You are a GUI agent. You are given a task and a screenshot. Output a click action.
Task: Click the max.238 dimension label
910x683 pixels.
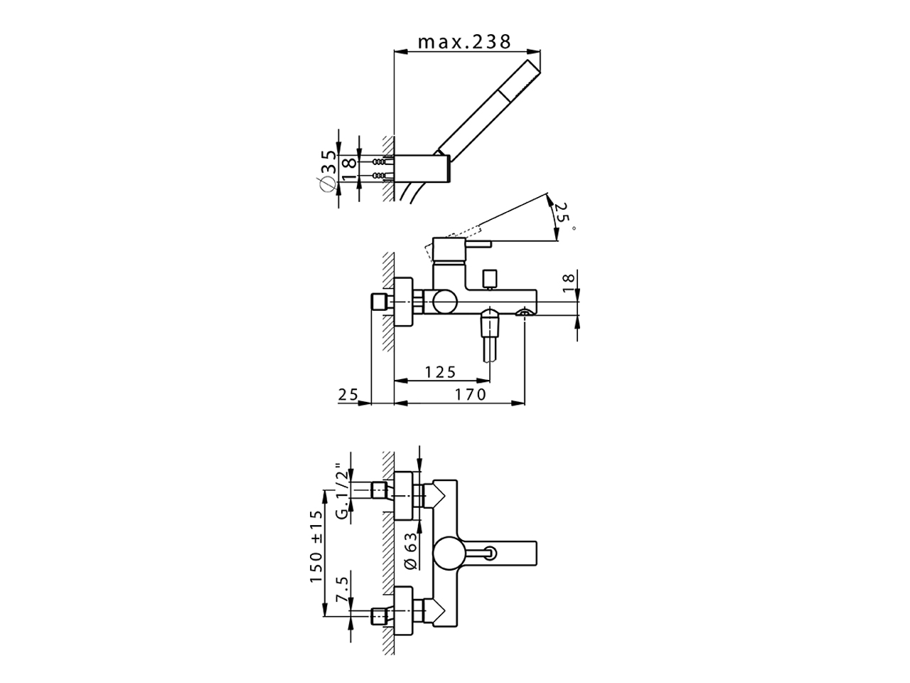point(464,41)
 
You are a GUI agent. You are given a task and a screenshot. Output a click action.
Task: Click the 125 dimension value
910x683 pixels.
point(440,372)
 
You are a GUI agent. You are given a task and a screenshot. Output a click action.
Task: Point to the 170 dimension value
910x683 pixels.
point(471,394)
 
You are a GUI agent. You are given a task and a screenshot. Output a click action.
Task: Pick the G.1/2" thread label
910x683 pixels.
point(343,492)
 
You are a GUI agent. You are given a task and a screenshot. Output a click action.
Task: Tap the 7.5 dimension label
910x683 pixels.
point(343,591)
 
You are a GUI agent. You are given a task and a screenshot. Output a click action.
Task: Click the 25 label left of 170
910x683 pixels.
point(348,394)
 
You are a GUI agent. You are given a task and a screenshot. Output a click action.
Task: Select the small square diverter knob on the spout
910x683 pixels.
point(488,278)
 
